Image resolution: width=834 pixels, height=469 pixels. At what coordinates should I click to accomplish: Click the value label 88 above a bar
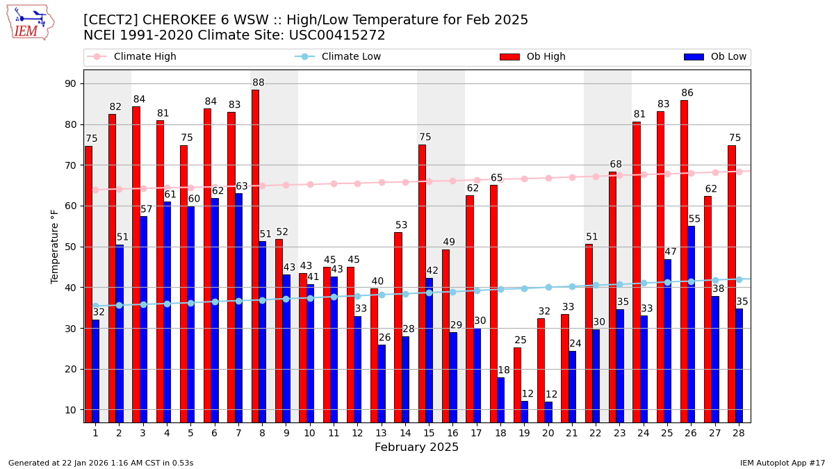pyautogui.click(x=259, y=83)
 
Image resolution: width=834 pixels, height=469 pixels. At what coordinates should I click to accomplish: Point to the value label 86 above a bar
pyautogui.click(x=687, y=93)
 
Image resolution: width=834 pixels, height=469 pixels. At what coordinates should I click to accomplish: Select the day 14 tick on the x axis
pyautogui.click(x=404, y=433)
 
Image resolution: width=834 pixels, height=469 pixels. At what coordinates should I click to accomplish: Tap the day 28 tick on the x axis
pyautogui.click(x=738, y=433)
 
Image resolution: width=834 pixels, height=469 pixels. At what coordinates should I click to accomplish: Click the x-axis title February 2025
pyautogui.click(x=416, y=447)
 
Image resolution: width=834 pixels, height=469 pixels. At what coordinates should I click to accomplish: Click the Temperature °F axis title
pyautogui.click(x=56, y=246)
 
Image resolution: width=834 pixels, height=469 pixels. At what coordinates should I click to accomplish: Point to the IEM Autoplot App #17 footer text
pyautogui.click(x=782, y=463)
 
